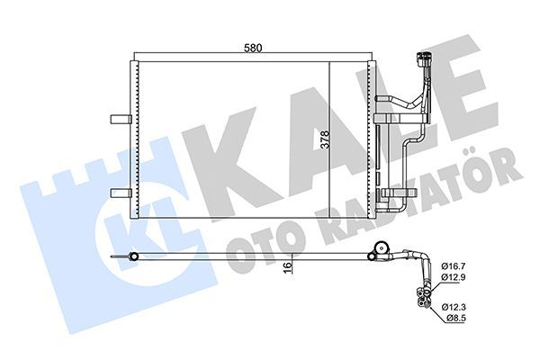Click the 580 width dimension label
(254, 49)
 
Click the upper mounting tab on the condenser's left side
(119, 118)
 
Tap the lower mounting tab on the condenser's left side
(119, 192)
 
